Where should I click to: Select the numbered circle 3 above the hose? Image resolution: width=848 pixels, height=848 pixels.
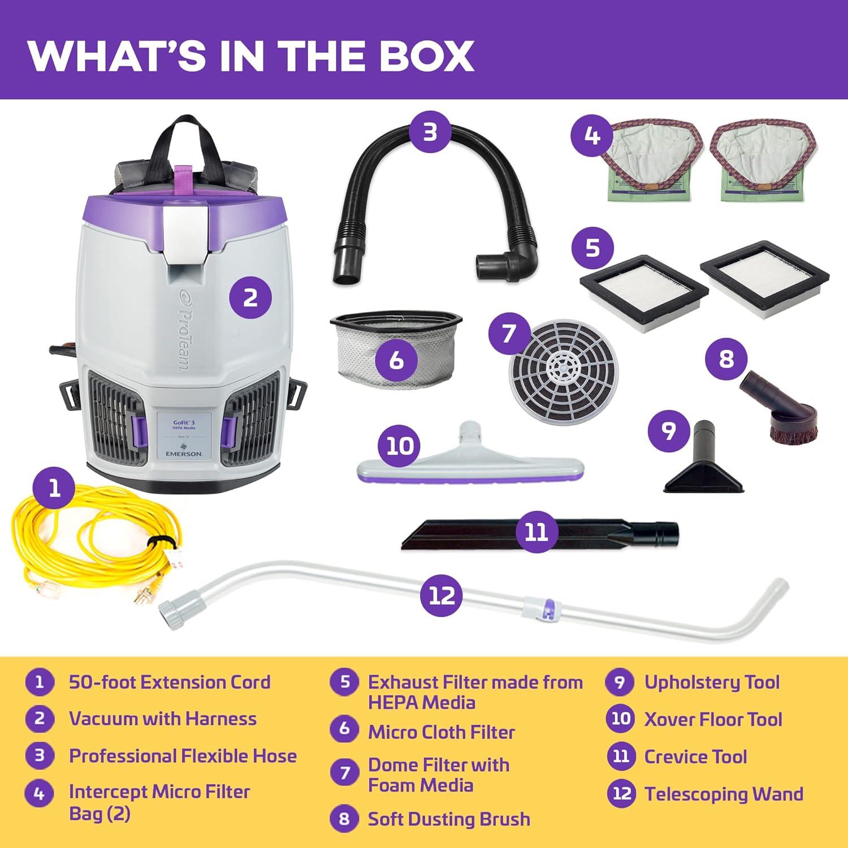point(430,132)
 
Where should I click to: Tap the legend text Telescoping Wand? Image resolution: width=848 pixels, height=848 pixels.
point(724,794)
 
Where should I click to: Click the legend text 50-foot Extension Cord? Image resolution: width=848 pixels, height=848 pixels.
point(170,682)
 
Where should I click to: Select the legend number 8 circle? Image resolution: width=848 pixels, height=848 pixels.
point(344,819)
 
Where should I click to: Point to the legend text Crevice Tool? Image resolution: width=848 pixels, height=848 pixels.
point(695,756)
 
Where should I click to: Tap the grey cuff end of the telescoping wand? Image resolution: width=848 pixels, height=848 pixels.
point(170,611)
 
